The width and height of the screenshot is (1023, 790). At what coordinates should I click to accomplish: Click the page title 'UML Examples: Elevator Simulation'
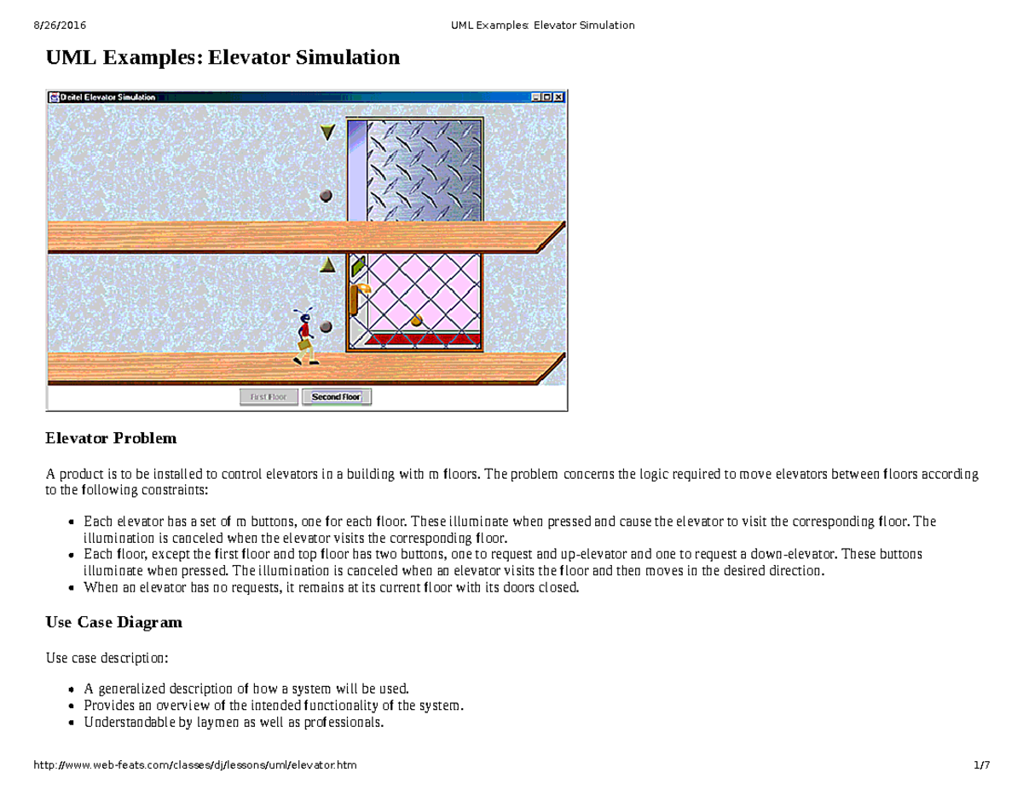[222, 58]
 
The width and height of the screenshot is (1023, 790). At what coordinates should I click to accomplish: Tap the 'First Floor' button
[269, 397]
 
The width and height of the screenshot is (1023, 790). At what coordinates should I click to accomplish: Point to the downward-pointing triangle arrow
[327, 132]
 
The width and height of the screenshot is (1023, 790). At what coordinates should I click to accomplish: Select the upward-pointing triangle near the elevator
[327, 266]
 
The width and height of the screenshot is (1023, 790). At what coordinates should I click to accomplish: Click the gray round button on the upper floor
[326, 196]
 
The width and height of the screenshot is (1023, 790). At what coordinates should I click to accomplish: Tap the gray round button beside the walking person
[326, 326]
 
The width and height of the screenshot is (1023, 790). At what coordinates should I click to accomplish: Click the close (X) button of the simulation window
[558, 97]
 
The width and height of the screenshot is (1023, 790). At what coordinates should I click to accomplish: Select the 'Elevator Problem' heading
[111, 439]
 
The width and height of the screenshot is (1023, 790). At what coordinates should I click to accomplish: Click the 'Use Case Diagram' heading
[113, 622]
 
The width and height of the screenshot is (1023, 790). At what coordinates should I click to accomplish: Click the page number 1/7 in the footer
[981, 765]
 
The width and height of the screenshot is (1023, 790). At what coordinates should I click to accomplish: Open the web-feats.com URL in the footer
[194, 765]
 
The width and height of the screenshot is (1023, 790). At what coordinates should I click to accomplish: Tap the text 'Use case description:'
[107, 659]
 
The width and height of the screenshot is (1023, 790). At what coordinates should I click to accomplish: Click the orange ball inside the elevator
[416, 320]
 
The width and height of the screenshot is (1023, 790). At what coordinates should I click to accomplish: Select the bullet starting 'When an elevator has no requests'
[331, 587]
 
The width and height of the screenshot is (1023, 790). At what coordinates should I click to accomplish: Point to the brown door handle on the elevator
[353, 301]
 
